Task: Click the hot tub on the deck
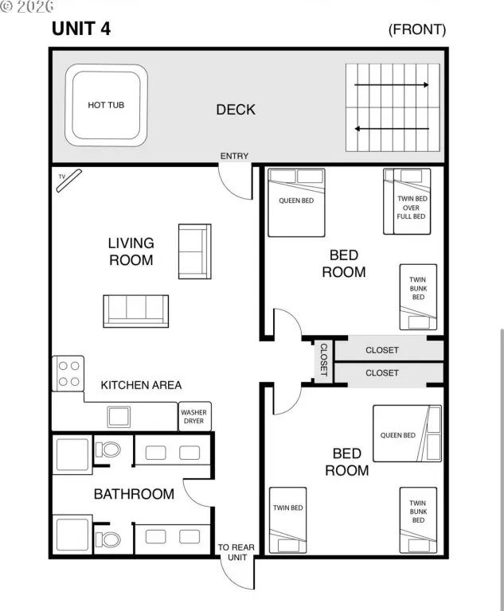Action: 106,105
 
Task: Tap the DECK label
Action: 236,110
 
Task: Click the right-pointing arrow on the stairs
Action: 391,84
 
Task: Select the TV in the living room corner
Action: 69,181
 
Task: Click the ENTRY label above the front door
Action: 234,156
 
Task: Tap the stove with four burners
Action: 68,373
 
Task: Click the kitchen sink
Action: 119,417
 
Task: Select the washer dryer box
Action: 194,416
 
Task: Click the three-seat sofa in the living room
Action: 135,311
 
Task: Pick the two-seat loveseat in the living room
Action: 194,251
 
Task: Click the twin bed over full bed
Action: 407,201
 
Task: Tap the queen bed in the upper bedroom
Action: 296,202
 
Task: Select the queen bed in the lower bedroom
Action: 407,434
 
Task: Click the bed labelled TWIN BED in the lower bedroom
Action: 288,520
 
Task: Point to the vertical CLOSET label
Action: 324,360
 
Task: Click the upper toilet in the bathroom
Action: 107,449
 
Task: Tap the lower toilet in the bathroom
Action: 107,539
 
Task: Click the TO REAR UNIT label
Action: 236,552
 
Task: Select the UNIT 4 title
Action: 81,29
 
